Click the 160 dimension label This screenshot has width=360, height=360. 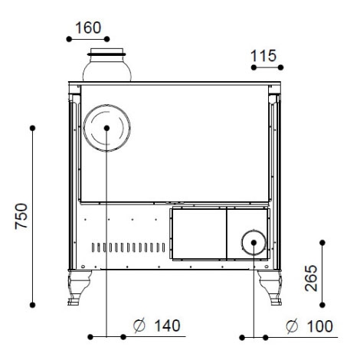pos(88,28)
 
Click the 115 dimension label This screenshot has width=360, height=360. pos(263,56)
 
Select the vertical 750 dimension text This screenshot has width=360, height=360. pos(21,216)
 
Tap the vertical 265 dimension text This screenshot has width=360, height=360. pos(311,278)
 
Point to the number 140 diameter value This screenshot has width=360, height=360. pos(168,326)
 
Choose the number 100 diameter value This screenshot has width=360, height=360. pos(319,326)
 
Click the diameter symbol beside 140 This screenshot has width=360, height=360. pos(139,326)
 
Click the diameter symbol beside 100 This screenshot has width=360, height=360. pos(292,326)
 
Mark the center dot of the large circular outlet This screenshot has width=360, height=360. pos(106,128)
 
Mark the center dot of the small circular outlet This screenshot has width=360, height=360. pos(254,243)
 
